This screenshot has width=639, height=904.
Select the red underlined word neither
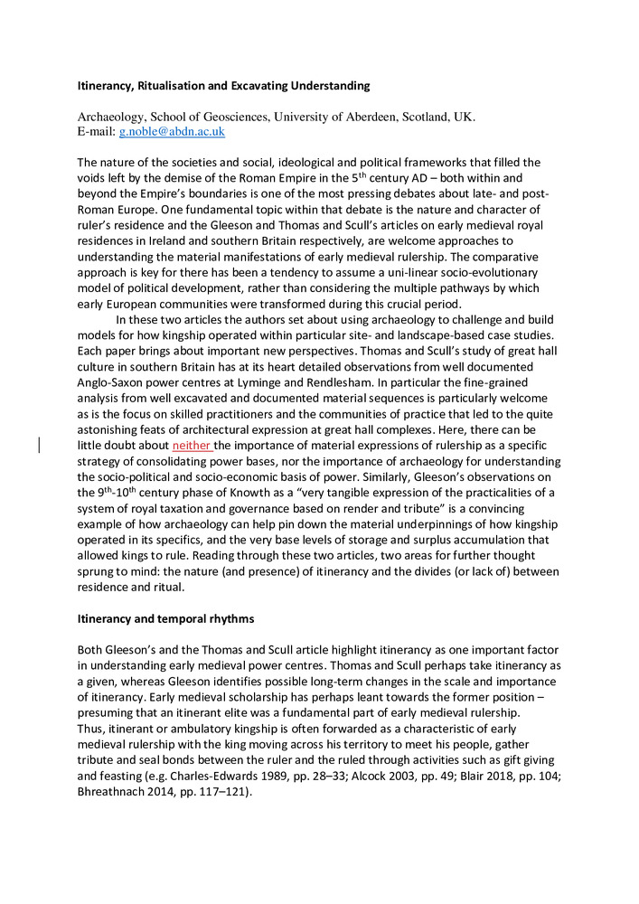(x=192, y=445)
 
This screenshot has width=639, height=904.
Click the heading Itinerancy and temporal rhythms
(x=165, y=619)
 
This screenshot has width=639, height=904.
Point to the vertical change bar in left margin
(x=39, y=444)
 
